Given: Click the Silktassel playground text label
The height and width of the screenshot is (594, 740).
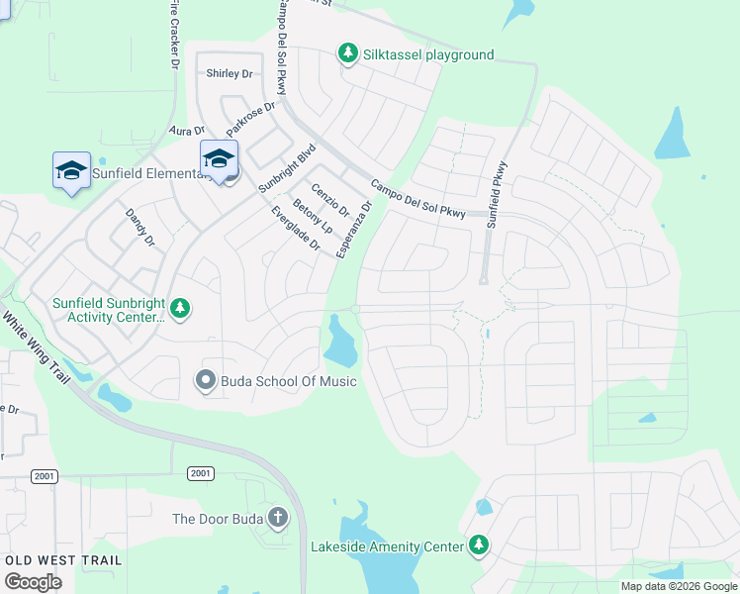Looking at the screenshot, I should click(x=428, y=54).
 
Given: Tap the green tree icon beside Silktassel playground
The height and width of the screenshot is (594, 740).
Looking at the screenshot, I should click(x=347, y=51).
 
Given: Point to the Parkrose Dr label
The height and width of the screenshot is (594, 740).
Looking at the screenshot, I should click(x=249, y=118).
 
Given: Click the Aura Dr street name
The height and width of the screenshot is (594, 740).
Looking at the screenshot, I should click(x=186, y=130).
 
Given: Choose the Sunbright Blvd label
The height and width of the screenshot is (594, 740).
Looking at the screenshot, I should click(x=286, y=167).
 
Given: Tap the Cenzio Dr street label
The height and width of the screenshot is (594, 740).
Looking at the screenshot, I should click(x=330, y=199).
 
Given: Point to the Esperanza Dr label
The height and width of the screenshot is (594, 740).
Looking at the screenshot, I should click(x=354, y=231).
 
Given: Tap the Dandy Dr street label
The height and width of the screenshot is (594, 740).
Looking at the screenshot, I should click(x=139, y=227).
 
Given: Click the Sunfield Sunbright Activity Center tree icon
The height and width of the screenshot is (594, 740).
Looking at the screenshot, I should click(x=179, y=309).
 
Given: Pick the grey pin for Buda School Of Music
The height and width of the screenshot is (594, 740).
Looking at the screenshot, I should click(x=206, y=379).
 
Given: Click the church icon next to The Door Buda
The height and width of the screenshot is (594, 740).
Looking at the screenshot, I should click(x=278, y=517).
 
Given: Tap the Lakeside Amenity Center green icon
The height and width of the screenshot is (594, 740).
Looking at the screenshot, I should click(x=479, y=544).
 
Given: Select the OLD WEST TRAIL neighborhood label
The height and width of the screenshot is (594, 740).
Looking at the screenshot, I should click(x=63, y=560).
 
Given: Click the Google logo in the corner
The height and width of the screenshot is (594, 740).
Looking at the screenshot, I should click(x=33, y=582).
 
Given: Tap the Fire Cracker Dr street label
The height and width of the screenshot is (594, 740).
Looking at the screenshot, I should click(x=174, y=35).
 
